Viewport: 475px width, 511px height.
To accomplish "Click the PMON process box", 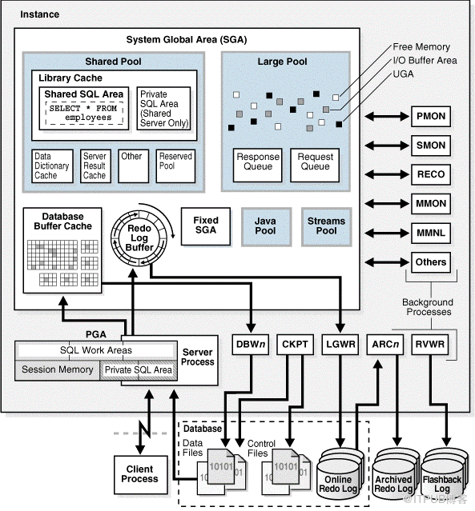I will tap(430, 117).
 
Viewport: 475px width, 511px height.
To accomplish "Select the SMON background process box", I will tap(430, 146).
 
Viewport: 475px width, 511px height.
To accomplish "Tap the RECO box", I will tap(430, 174).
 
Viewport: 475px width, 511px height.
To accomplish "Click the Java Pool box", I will tap(265, 226).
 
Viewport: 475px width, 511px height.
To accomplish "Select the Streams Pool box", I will tap(326, 226).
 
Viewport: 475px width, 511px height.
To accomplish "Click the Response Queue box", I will tap(258, 162).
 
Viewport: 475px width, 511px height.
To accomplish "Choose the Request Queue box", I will tap(315, 162).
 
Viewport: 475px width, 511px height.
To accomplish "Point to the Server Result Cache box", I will tap(95, 166).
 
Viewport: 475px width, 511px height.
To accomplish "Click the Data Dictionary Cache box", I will tap(51, 166).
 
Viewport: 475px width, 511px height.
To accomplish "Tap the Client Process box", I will tap(139, 473).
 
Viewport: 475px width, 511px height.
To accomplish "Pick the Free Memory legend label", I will tap(421, 47).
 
